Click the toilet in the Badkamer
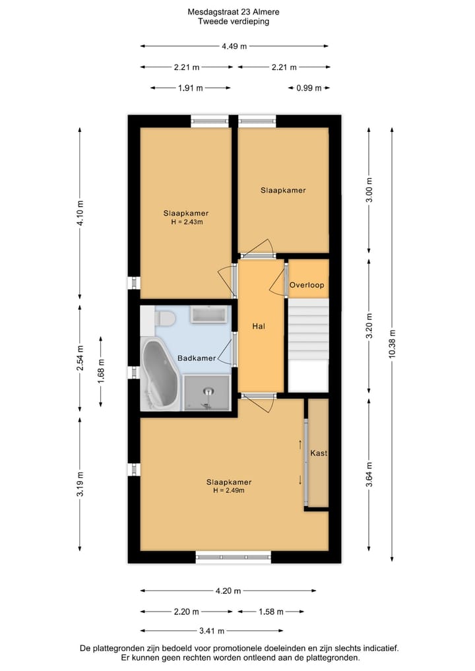(x=165, y=318)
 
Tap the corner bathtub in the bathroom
(x=158, y=374)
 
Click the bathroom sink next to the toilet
(x=209, y=314)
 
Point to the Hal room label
(x=259, y=326)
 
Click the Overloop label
(x=307, y=285)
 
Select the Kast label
(x=319, y=453)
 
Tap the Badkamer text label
(x=197, y=358)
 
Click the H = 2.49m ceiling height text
(x=228, y=490)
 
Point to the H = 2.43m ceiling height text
(x=186, y=222)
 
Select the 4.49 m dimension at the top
(x=234, y=46)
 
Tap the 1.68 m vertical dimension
(x=101, y=371)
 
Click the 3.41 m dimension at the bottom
(x=211, y=631)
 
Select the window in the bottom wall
(x=234, y=557)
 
